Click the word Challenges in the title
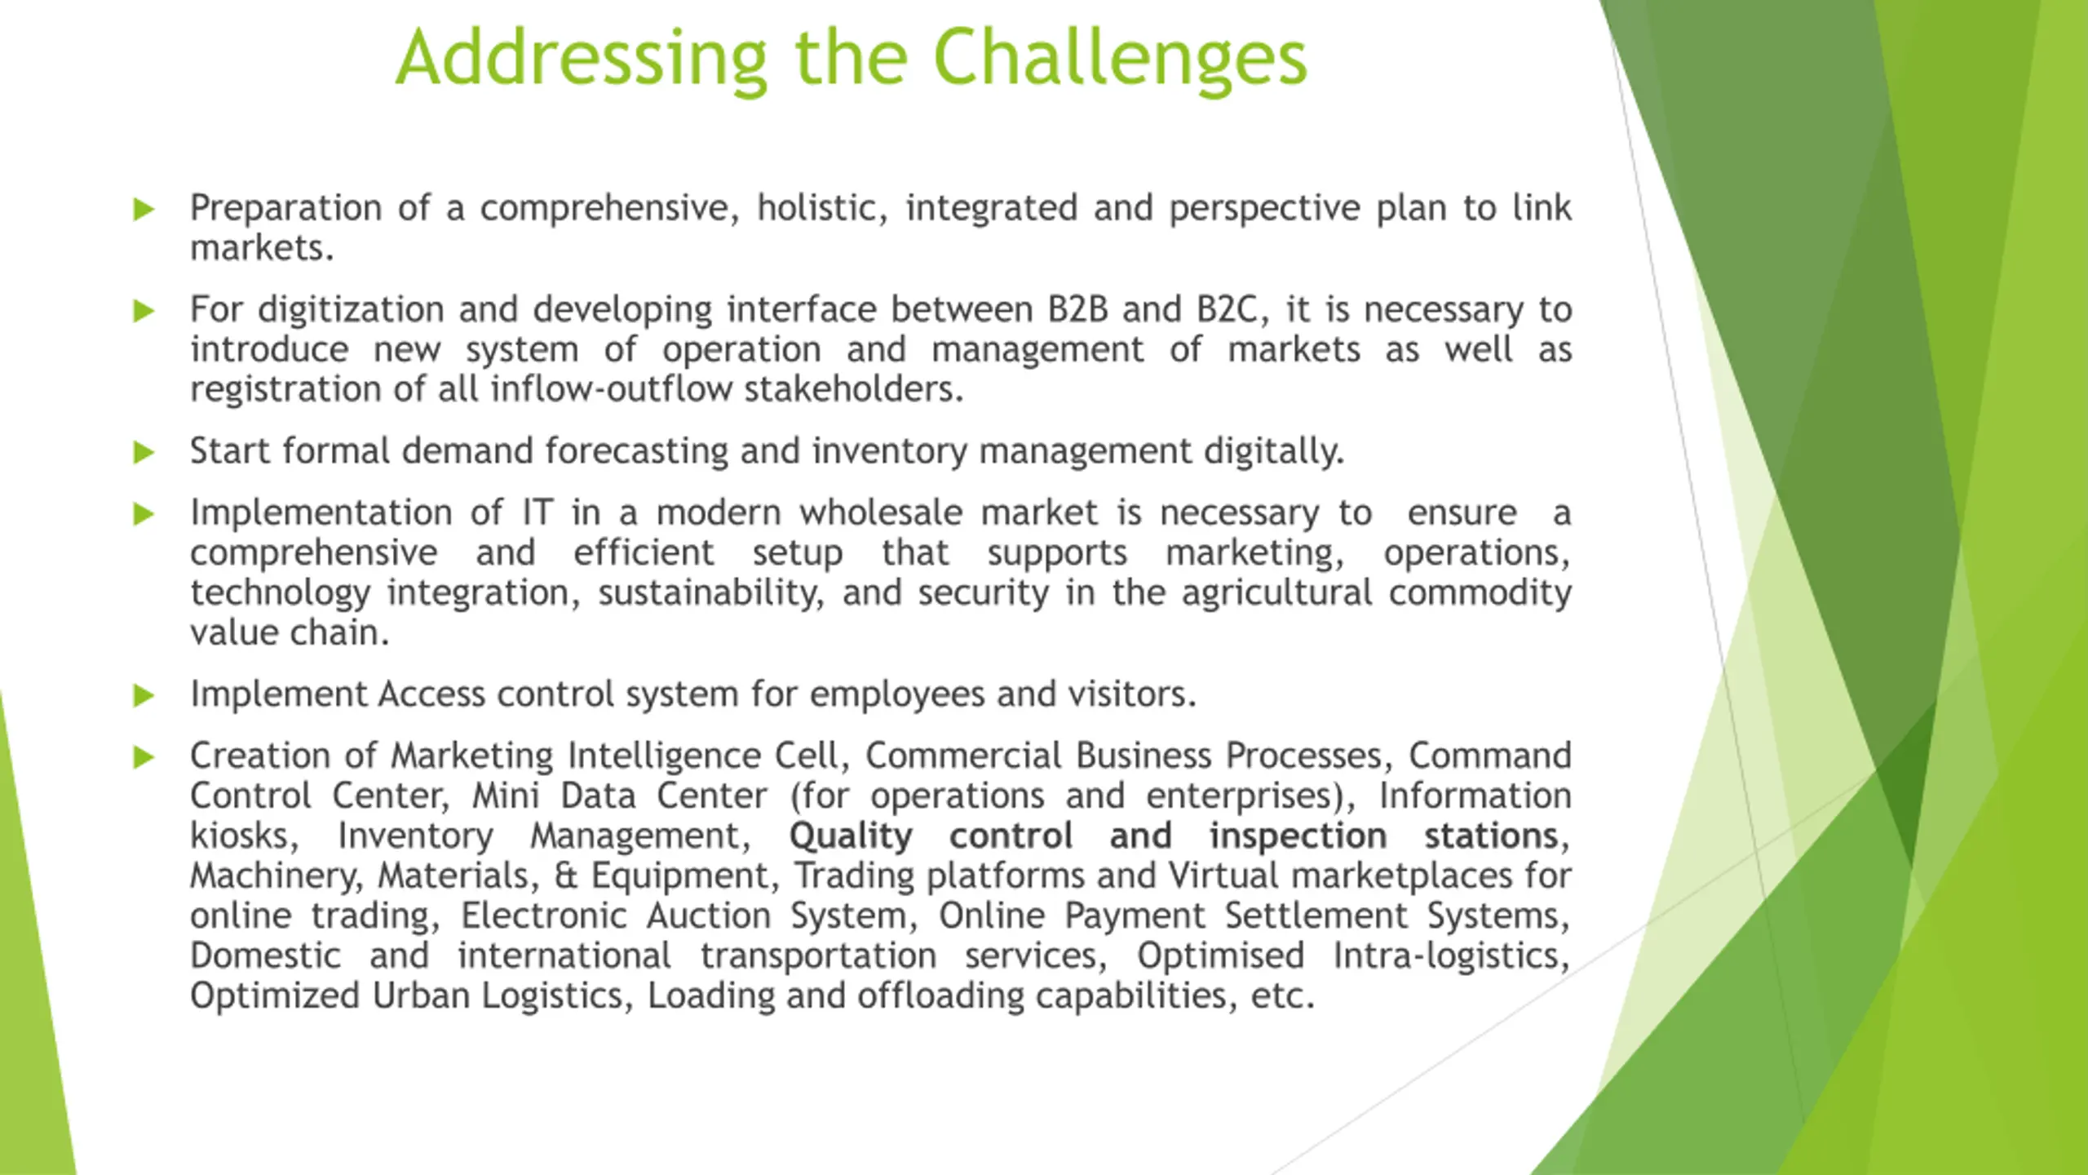1119,60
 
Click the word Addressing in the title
582,60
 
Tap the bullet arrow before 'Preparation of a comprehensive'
144,210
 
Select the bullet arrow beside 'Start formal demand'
144,452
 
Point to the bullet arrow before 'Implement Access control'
144,696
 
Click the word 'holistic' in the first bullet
821,208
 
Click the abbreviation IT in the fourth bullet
537,513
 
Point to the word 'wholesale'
881,513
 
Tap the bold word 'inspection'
1298,836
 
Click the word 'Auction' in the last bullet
709,916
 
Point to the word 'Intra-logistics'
1452,956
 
